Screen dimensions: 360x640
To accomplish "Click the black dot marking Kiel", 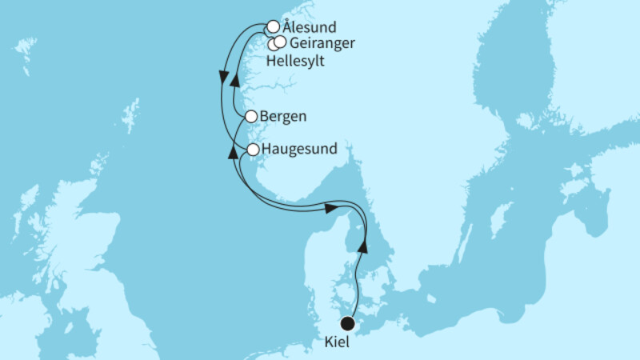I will (348, 323).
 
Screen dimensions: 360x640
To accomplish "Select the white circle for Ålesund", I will (273, 26).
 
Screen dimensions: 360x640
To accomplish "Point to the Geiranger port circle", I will (281, 42).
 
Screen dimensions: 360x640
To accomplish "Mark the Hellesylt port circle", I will (274, 45).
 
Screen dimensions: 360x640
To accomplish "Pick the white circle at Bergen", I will (250, 116).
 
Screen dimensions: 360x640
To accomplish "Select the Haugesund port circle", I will (253, 150).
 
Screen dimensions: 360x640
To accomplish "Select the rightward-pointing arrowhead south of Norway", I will (330, 208).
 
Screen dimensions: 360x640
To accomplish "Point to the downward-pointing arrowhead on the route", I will (222, 77).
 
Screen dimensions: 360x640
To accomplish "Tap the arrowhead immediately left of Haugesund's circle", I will (233, 152).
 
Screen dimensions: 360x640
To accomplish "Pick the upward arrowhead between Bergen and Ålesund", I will (234, 80).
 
